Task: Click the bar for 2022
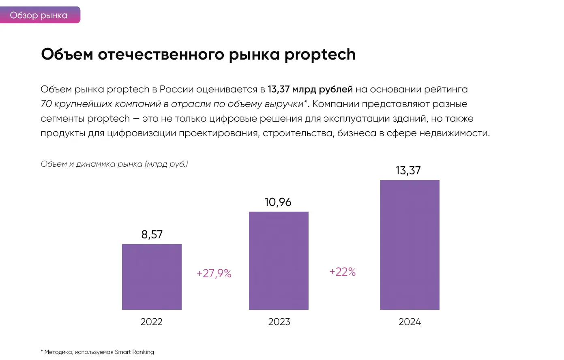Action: [x=152, y=276]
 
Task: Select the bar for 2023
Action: [x=279, y=260]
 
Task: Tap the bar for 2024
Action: [x=410, y=244]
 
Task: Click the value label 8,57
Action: [x=152, y=234]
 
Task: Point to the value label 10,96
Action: [x=278, y=202]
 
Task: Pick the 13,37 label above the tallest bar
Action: [x=408, y=170]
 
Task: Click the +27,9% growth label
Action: [x=214, y=273]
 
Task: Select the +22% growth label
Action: [x=343, y=272]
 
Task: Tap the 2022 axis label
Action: [x=151, y=322]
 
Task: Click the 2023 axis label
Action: [x=279, y=322]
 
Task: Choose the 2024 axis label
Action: [x=410, y=322]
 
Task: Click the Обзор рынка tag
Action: [x=39, y=15]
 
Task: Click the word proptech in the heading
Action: [x=320, y=55]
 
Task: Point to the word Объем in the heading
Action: [x=67, y=54]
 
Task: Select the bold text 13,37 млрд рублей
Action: [x=310, y=89]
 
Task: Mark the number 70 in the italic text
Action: [x=46, y=104]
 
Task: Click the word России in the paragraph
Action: [x=176, y=89]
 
